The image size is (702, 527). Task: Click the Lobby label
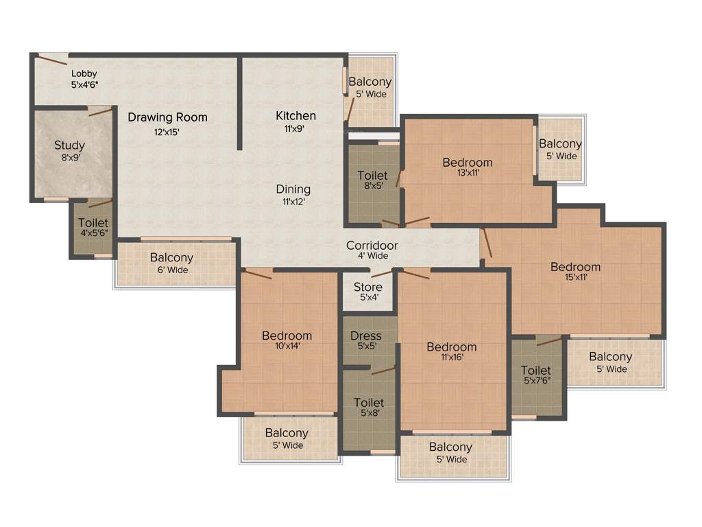pyautogui.click(x=84, y=73)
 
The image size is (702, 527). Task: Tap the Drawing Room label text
pyautogui.click(x=167, y=117)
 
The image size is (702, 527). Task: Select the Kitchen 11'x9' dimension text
pyautogui.click(x=296, y=128)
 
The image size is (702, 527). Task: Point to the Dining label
pyautogui.click(x=293, y=189)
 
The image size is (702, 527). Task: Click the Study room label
pyautogui.click(x=70, y=145)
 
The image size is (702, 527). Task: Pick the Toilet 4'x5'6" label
pyautogui.click(x=93, y=223)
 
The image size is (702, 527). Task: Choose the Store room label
pyautogui.click(x=368, y=287)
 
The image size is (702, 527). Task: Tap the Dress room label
pyautogui.click(x=366, y=336)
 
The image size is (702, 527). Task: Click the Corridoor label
pyautogui.click(x=372, y=246)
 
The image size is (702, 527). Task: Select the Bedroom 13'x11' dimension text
pyautogui.click(x=468, y=173)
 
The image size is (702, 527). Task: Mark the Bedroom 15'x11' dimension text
pyautogui.click(x=576, y=277)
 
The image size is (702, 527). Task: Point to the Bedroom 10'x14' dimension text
pyautogui.click(x=287, y=346)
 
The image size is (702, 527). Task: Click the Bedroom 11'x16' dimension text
pyautogui.click(x=452, y=358)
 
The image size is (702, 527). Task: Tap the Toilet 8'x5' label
pyautogui.click(x=372, y=176)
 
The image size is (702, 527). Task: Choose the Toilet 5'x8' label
pyautogui.click(x=369, y=402)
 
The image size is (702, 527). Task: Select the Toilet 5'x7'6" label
pyautogui.click(x=536, y=371)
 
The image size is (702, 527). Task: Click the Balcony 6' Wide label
pyautogui.click(x=171, y=258)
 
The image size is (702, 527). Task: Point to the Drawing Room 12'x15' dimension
pyautogui.click(x=167, y=132)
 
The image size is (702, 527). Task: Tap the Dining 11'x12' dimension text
pyautogui.click(x=293, y=202)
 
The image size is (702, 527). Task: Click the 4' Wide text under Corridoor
pyautogui.click(x=372, y=256)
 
